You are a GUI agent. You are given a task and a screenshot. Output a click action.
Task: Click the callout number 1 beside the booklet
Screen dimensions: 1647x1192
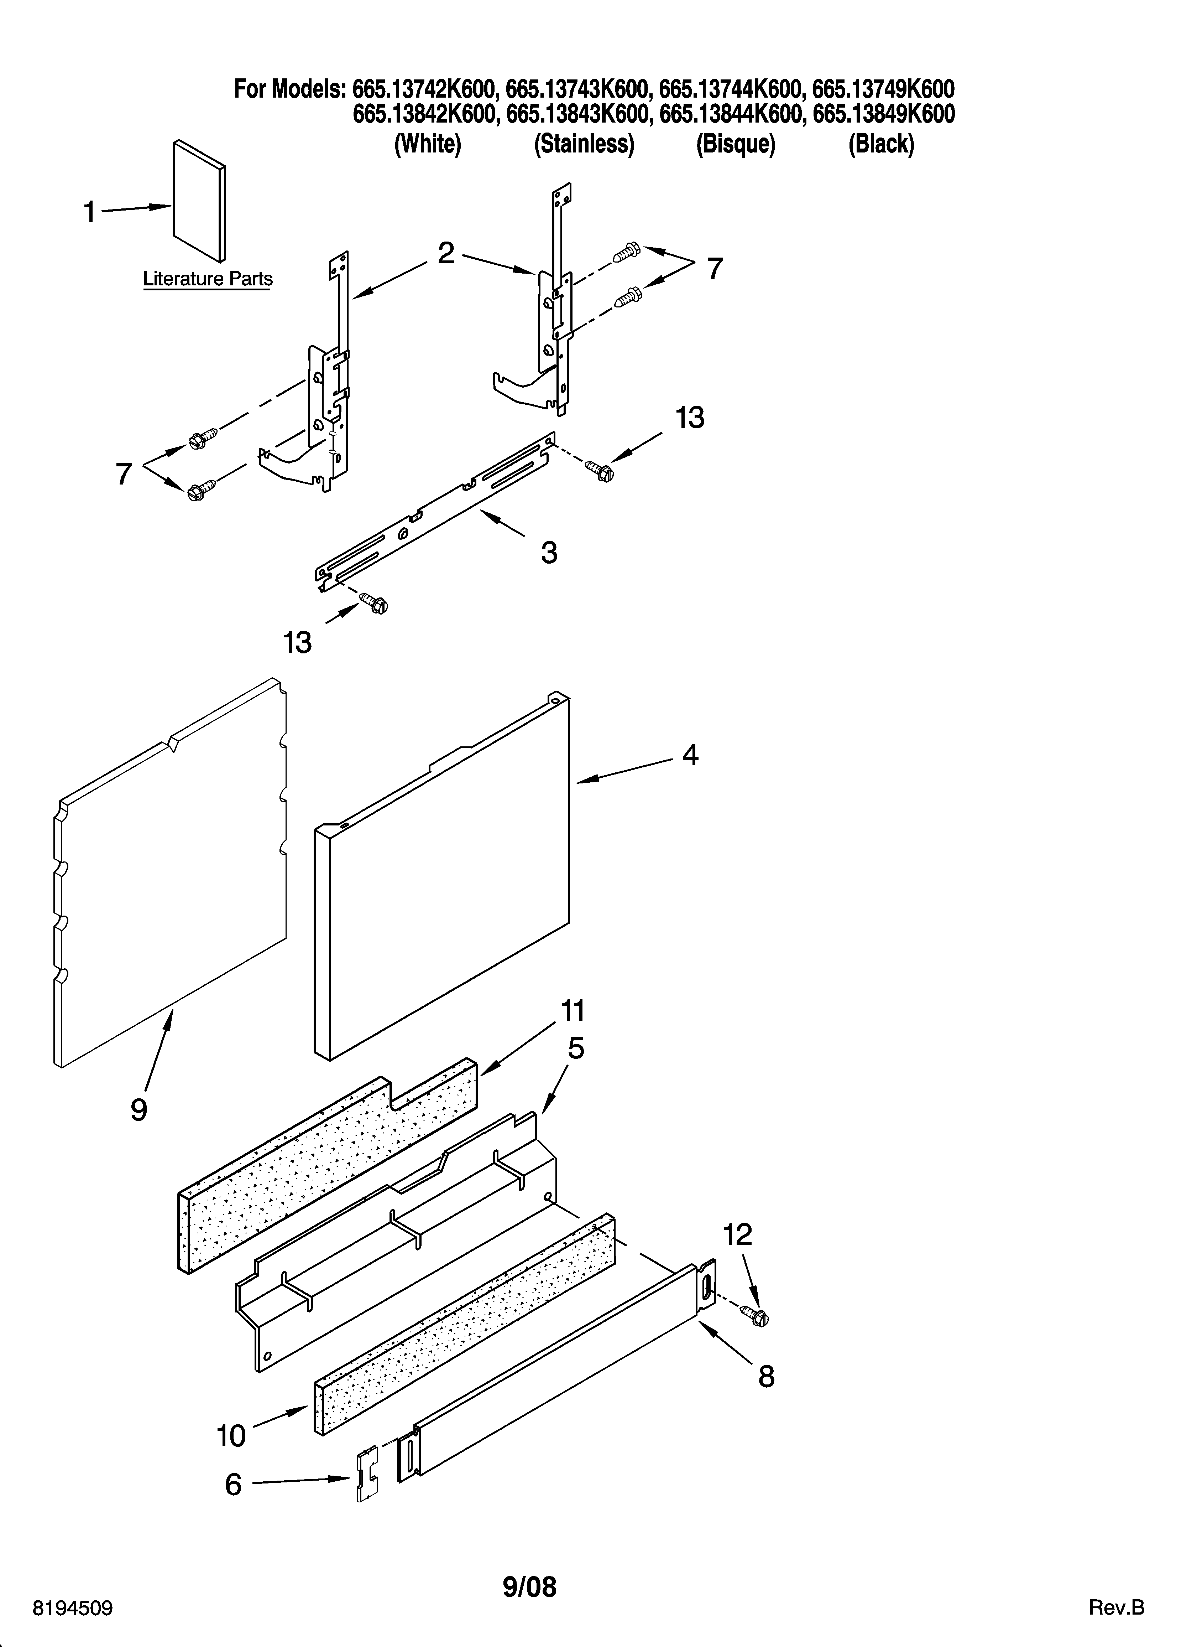(x=89, y=213)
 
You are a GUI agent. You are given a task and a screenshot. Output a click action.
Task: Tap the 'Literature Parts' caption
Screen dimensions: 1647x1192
(x=208, y=279)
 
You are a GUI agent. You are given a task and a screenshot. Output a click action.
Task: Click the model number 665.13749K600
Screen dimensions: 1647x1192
(x=883, y=89)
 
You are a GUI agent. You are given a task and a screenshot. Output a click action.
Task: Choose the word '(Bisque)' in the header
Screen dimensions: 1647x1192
(x=735, y=145)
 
